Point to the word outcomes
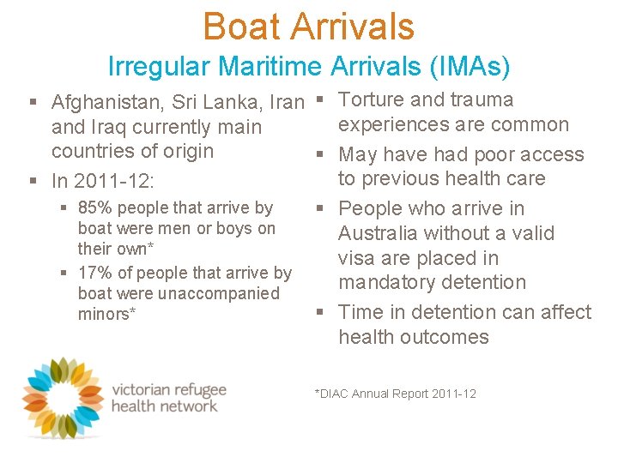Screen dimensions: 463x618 click(x=447, y=337)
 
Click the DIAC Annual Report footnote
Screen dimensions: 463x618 click(x=396, y=394)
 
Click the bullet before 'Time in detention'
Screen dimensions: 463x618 click(x=320, y=313)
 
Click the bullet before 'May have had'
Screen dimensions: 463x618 click(x=320, y=155)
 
